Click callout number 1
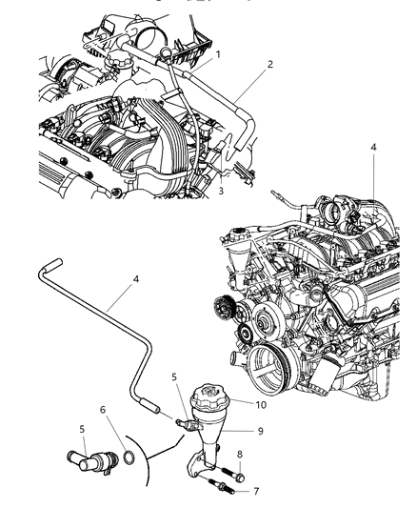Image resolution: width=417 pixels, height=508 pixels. click(x=217, y=54)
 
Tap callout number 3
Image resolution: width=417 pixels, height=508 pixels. click(x=220, y=191)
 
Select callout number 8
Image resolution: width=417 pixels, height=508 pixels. click(x=241, y=455)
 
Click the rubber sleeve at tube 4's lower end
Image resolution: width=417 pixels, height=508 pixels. click(x=151, y=407)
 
